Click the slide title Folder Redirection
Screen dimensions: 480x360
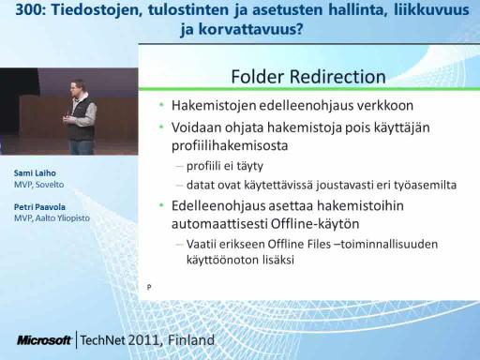[308, 77]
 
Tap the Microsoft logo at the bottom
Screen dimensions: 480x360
[44, 340]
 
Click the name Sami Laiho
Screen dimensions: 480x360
[35, 173]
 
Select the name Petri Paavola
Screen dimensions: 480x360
[39, 207]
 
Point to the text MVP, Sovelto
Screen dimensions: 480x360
[38, 185]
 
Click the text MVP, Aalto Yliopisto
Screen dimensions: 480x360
[52, 218]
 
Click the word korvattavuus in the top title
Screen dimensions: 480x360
[250, 30]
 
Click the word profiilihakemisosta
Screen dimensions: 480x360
[230, 146]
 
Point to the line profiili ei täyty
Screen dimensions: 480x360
[225, 166]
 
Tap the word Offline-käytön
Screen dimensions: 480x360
[315, 224]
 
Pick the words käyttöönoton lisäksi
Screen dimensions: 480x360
[240, 260]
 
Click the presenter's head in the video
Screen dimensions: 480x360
[78, 87]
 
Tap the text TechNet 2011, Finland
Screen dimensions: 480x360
[147, 340]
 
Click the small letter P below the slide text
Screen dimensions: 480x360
[149, 287]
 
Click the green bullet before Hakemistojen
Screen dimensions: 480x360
[161, 105]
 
